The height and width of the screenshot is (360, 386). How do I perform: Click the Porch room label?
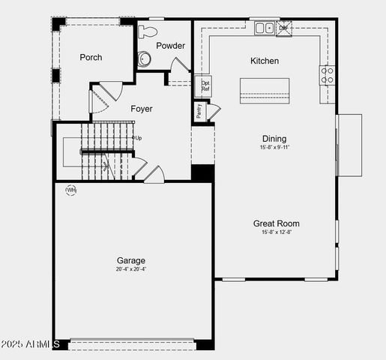coord(91,57)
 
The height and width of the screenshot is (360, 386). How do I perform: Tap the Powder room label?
coord(170,46)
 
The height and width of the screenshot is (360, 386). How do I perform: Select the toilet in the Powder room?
coord(148,32)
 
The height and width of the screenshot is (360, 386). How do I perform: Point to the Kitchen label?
coord(264,61)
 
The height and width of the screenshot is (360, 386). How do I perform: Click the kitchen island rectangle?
coord(265,90)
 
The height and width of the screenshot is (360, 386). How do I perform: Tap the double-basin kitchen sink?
coord(264,28)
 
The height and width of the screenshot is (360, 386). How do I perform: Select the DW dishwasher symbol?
coord(283,29)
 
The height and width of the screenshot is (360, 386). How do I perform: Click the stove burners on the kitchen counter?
coord(328,74)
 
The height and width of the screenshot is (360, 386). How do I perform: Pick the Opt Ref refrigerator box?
coord(205,86)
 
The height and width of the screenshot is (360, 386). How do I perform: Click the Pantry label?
coord(199,111)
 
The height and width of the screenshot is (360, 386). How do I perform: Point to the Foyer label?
coord(142,109)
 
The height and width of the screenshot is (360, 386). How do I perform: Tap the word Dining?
coord(274,139)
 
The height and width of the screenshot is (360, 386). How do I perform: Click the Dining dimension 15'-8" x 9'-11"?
coord(274,148)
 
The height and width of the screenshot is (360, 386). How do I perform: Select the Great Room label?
coord(276,223)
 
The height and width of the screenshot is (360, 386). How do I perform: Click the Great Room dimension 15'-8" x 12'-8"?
coord(276,232)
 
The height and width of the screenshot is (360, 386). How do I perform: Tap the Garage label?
coord(131,260)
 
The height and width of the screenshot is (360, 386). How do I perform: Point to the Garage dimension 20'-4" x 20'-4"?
coord(131,269)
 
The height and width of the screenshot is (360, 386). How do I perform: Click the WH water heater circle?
coord(71,190)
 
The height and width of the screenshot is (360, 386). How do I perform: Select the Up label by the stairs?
coord(137,138)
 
